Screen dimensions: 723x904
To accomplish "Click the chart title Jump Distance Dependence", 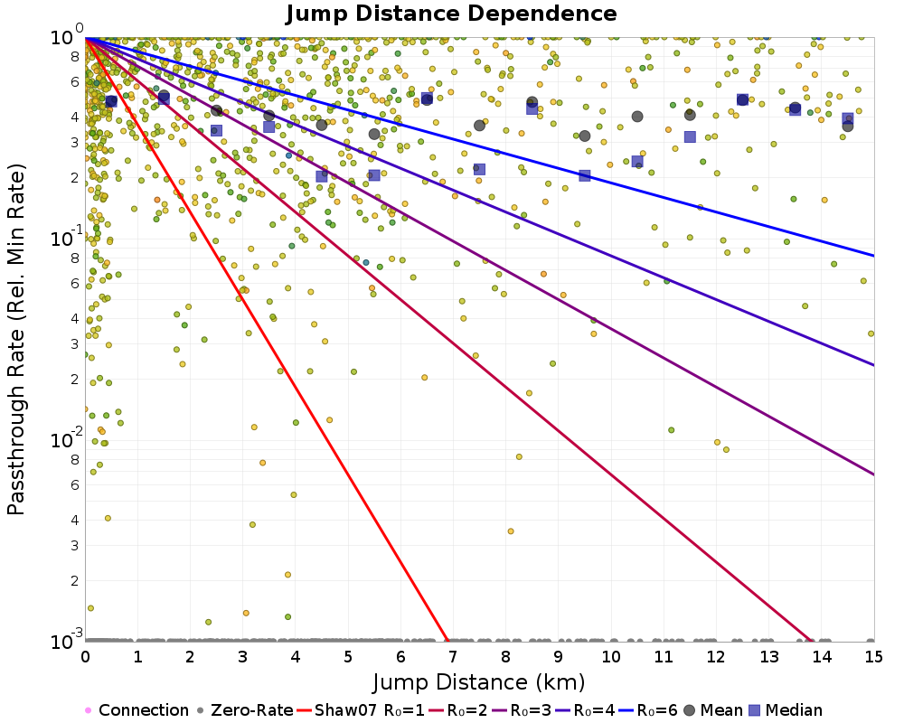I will (451, 14).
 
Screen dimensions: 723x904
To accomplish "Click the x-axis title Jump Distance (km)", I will (479, 681).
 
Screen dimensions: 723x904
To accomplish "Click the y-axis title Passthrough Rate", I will (16, 339).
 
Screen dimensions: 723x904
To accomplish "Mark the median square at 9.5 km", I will (585, 175).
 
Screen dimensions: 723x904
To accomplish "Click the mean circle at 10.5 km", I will (637, 117).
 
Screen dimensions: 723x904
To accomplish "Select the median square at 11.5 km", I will (690, 136).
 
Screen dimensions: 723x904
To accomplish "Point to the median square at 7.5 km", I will (479, 169).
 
